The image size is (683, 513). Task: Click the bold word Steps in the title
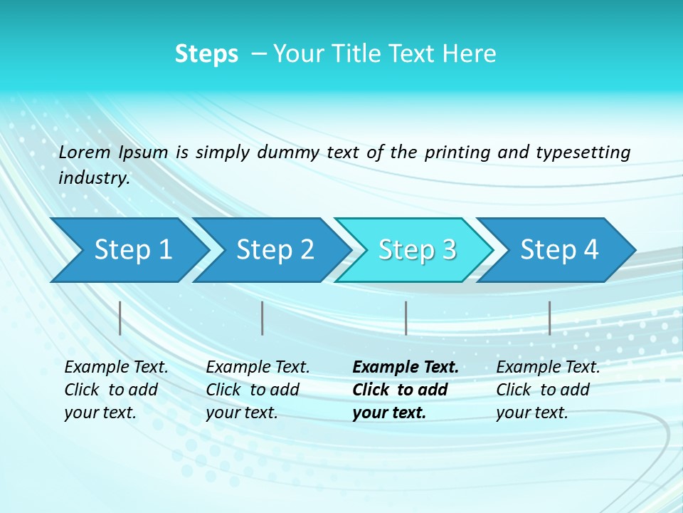coord(206,54)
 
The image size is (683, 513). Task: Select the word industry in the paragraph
coord(92,178)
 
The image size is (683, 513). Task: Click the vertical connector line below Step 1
coord(120,318)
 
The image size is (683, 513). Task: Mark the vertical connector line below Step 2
coord(263,318)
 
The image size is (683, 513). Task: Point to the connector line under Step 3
coord(406,318)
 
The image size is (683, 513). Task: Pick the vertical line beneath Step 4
coord(549,318)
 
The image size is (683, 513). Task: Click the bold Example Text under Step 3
coord(406,368)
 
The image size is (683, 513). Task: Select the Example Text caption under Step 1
coord(116,368)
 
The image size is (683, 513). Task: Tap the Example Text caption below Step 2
coord(258,368)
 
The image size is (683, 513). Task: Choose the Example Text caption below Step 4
coord(548,368)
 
